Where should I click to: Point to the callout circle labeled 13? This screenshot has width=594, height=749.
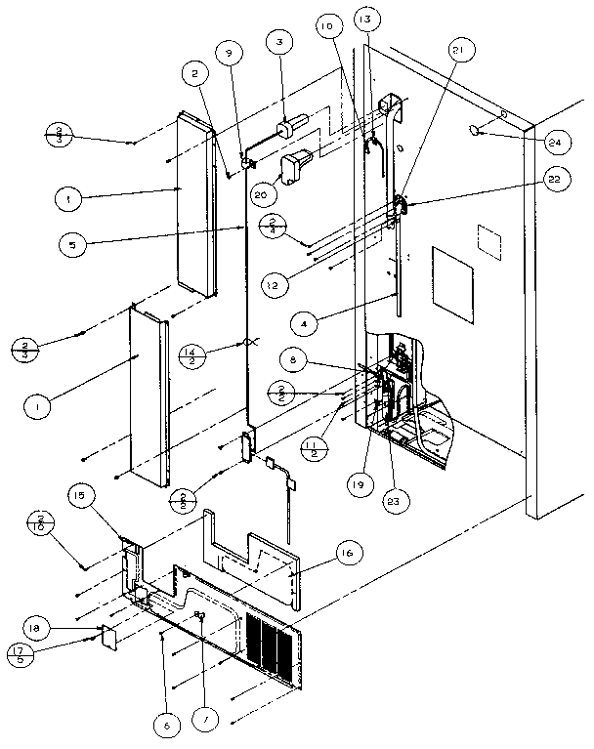[x=364, y=21]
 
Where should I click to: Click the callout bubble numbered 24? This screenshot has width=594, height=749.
[x=555, y=143]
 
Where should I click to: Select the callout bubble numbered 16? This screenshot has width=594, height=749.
[x=345, y=554]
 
